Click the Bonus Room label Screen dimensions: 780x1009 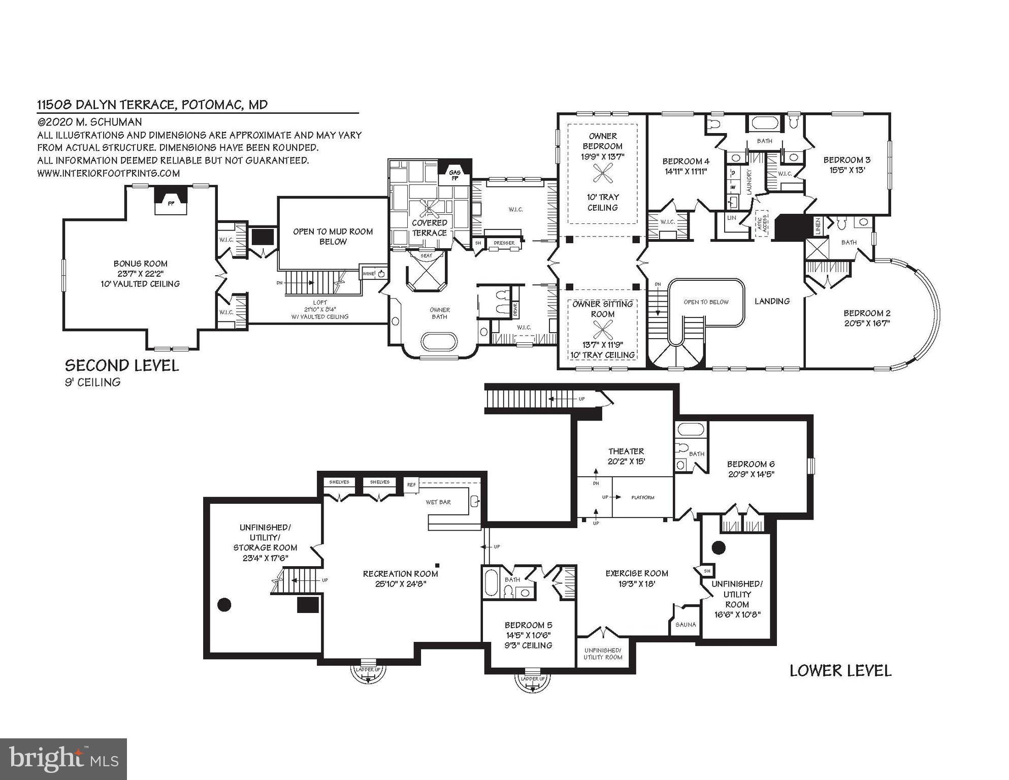(140, 264)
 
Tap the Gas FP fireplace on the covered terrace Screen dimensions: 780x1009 (454, 175)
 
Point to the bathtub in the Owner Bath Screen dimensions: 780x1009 (439, 341)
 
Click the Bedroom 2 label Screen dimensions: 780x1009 (866, 313)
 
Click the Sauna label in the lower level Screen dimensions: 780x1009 (686, 625)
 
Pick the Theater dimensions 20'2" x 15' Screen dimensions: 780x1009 (626, 462)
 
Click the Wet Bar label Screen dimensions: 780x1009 (438, 502)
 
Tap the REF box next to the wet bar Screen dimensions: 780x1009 (411, 485)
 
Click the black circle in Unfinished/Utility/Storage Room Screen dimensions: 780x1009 (224, 604)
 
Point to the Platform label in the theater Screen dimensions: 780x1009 (642, 498)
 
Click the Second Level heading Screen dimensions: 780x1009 (122, 366)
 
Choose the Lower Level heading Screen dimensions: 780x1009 (840, 671)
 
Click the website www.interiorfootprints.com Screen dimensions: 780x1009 (108, 173)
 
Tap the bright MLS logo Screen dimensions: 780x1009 (63, 759)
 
